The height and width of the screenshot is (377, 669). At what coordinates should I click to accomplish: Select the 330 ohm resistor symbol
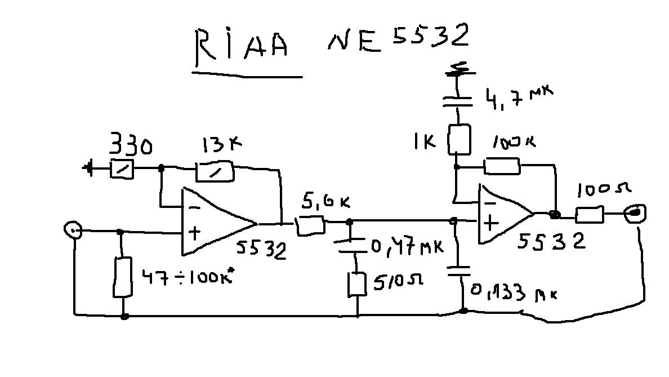[x=122, y=168]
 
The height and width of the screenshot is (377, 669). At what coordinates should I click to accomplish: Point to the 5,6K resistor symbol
[x=310, y=225]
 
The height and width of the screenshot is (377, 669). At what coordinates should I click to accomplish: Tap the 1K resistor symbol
[x=458, y=140]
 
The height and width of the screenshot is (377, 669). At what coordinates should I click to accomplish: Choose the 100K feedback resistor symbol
[x=502, y=166]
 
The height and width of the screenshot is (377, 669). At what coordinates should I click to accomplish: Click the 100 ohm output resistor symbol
[x=590, y=215]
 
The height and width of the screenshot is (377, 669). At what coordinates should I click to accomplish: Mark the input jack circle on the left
[x=73, y=230]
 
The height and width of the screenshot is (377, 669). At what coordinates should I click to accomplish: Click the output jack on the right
[x=636, y=213]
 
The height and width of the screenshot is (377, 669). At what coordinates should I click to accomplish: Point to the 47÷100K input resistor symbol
[x=123, y=277]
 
